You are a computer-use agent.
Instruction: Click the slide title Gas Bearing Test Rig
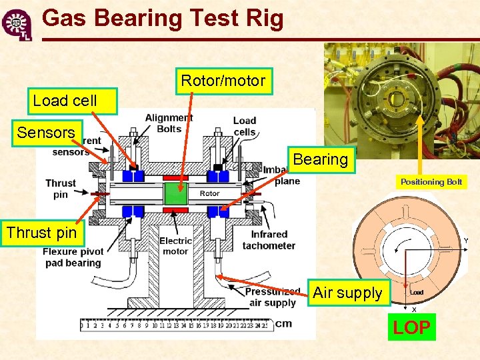[163, 18]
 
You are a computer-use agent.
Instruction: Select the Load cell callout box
[65, 101]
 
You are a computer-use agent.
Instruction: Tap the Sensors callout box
[46, 133]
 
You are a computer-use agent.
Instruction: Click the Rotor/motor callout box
[223, 81]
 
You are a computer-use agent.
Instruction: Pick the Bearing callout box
[320, 160]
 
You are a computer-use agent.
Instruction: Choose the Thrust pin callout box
[41, 233]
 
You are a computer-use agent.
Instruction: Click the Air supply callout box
[347, 293]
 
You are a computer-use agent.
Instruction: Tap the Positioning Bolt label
[431, 182]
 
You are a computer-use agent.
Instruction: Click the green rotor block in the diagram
[176, 194]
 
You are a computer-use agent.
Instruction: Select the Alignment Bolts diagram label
[169, 123]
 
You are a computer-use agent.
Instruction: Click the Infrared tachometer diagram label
[269, 240]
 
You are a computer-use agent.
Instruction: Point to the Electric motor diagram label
[175, 245]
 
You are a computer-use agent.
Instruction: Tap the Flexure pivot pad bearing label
[73, 257]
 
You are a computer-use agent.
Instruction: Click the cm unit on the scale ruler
[283, 324]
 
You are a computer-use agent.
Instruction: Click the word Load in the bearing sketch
[417, 292]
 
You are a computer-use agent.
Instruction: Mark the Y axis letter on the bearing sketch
[466, 241]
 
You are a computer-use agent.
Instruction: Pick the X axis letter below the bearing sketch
[414, 309]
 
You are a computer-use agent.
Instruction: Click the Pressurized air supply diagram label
[272, 297]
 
